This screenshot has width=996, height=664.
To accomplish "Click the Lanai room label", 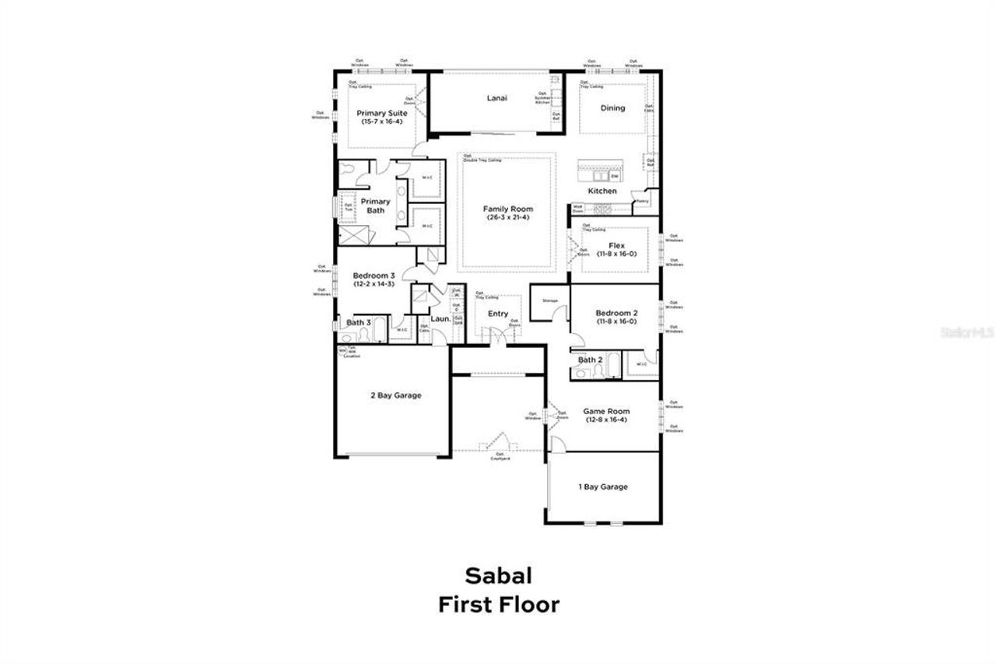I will point(497,98).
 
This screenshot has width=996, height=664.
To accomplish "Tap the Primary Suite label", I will point(381,114).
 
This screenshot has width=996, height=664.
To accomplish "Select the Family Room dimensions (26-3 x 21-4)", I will point(507,218).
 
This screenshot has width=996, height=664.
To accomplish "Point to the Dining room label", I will point(612,108).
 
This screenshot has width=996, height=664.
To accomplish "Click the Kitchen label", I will point(602,191).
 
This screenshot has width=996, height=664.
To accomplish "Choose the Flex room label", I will point(616,245).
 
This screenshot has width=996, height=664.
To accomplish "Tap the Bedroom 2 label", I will point(616,313).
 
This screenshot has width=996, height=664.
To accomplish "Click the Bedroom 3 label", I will point(373,276).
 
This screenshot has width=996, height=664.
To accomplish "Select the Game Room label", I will point(606,411).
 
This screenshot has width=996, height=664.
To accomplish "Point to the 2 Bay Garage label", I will point(395,395).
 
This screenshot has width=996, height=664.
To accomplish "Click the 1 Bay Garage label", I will point(602,487).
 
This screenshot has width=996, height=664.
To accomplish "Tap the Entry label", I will point(498,314).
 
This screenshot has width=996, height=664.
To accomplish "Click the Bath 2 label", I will point(590,360).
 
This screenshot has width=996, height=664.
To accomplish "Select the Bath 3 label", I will point(359,322).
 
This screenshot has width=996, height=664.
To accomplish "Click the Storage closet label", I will point(550,300).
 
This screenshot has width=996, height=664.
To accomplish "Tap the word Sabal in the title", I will point(498,575).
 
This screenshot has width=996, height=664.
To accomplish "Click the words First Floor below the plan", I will point(498,605).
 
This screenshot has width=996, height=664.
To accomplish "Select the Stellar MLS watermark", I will point(967,331).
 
